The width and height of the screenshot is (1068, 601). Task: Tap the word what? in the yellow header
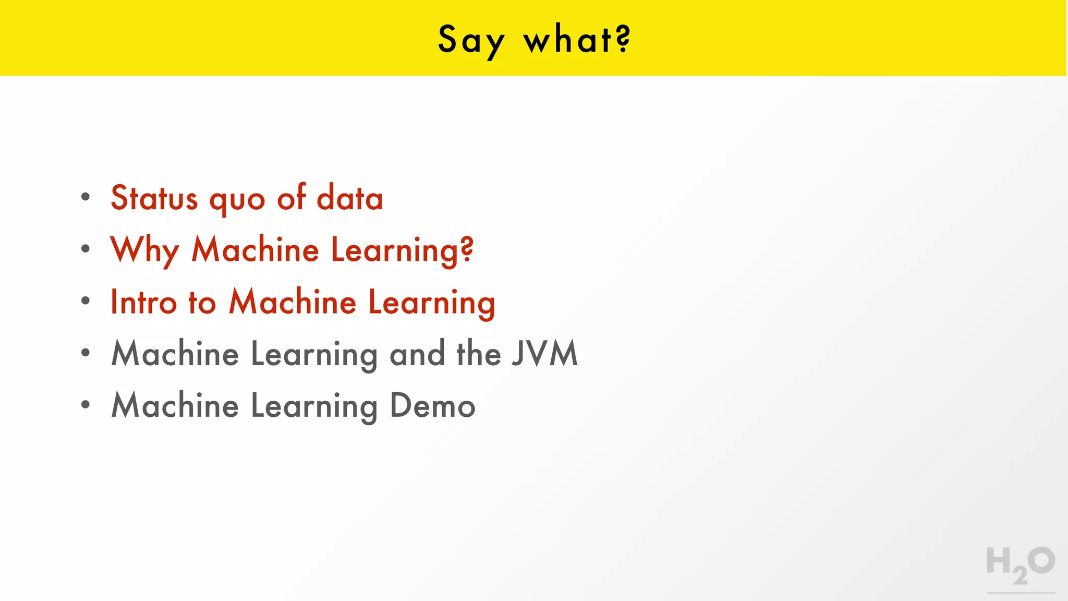click(577, 40)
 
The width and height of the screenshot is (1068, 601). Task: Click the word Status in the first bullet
click(154, 198)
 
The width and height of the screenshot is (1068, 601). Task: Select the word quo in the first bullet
click(237, 200)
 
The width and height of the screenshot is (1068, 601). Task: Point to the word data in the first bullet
click(350, 198)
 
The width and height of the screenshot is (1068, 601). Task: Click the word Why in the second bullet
click(145, 250)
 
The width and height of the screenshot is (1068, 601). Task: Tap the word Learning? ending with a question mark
click(402, 250)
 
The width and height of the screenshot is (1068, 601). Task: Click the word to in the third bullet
click(202, 303)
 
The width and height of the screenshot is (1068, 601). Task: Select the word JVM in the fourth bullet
click(544, 354)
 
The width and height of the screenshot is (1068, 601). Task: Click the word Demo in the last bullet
click(432, 405)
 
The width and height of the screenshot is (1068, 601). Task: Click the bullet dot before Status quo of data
click(86, 197)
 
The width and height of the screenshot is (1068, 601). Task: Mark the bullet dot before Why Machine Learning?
click(86, 249)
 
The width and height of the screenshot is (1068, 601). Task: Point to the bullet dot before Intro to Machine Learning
click(86, 300)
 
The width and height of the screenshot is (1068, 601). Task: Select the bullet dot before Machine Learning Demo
click(86, 404)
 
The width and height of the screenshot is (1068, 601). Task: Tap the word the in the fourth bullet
click(479, 354)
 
